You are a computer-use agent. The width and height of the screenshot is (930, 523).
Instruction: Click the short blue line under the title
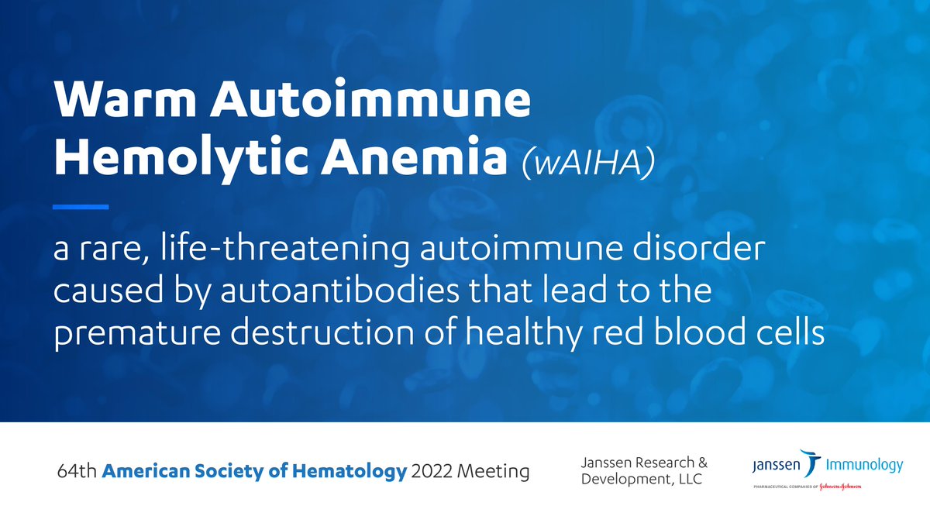[80, 207]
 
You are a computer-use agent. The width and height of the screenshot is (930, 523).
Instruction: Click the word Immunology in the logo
[865, 465]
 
